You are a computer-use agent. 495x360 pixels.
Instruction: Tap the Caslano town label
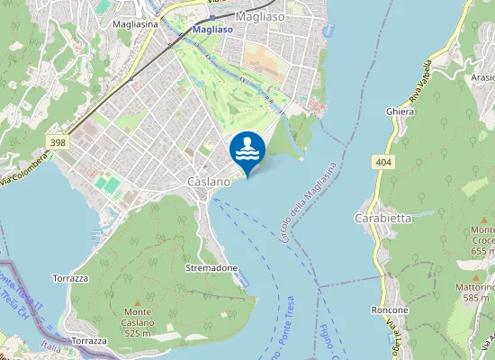209,182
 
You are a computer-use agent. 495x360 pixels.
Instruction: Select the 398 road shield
58,142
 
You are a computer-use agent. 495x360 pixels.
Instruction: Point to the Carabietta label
383,219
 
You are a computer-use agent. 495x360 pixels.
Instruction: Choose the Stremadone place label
211,269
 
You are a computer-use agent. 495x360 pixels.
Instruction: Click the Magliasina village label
136,24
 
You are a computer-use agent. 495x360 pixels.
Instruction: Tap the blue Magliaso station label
212,30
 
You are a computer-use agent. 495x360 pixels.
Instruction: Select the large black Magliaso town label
260,16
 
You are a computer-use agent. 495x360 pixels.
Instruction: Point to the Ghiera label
400,112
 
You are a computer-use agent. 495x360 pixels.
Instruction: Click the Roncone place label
389,310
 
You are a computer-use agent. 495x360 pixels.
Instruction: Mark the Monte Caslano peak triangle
138,301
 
